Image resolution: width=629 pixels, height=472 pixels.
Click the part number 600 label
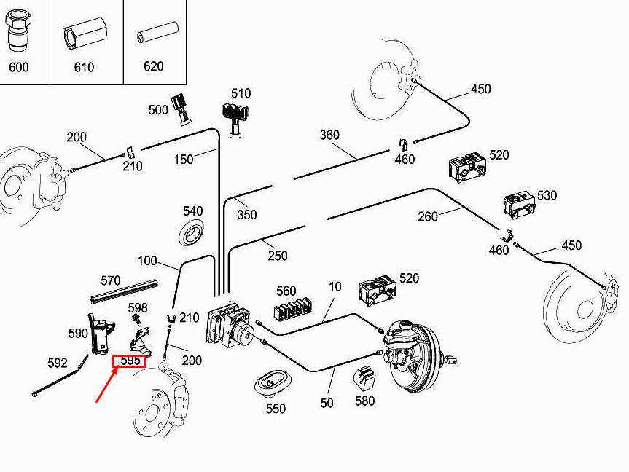(19, 67)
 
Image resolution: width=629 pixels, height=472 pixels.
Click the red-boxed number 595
(130, 361)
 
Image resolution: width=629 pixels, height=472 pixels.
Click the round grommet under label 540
(192, 235)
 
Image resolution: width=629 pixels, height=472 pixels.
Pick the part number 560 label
(286, 291)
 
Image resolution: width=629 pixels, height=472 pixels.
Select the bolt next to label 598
(136, 319)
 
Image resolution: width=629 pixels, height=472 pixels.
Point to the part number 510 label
(241, 93)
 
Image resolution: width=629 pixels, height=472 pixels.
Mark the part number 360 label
(329, 135)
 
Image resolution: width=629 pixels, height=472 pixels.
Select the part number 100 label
(147, 261)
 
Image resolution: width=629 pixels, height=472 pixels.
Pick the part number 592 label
(57, 363)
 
